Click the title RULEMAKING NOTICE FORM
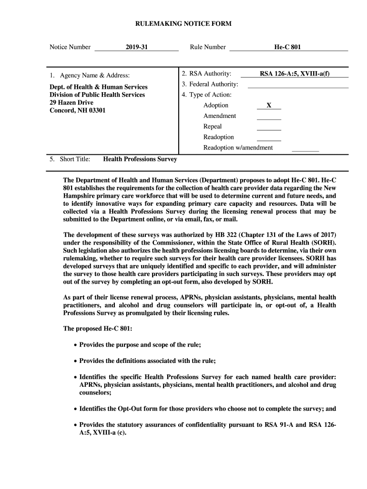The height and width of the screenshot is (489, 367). pos(183,23)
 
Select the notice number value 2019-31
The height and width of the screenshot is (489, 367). pos(137,47)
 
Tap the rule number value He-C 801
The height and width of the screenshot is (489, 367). pos(287,47)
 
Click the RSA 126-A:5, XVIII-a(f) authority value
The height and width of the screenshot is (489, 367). pos(294,74)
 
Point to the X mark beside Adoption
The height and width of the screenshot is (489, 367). pos(269,106)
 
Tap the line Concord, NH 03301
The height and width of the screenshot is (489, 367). pos(78,111)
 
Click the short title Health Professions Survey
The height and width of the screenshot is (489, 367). pos(140,159)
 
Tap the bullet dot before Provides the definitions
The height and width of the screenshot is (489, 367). pos(75,361)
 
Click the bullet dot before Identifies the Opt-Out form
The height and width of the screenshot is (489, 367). pos(75,409)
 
